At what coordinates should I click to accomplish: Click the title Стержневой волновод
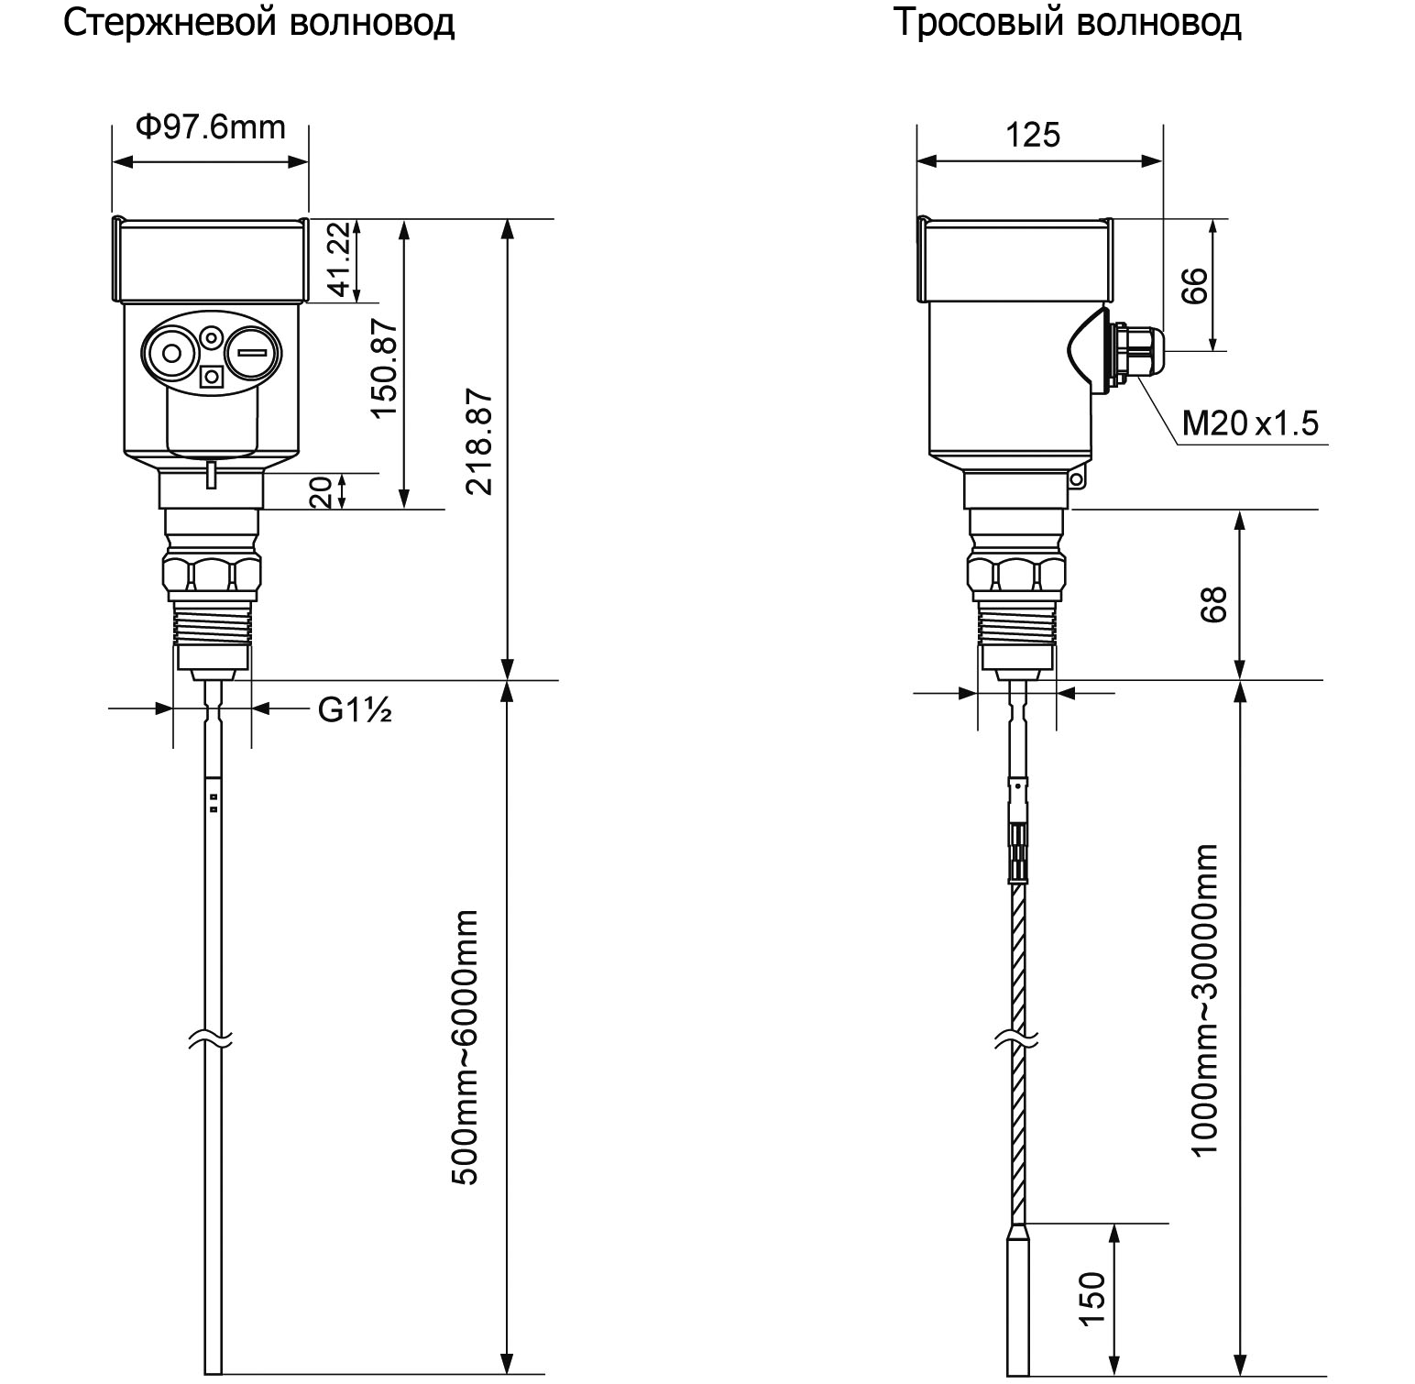[259, 23]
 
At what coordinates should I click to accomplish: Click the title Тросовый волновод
[1068, 23]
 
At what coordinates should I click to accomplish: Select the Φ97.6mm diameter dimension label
[211, 126]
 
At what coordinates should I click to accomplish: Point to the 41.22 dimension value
[339, 259]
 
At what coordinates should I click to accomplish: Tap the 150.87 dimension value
[385, 368]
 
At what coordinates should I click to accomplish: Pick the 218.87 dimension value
[479, 442]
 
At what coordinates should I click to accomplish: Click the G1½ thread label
[355, 709]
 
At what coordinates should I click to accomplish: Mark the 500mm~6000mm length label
[466, 1047]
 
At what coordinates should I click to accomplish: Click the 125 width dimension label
[1033, 135]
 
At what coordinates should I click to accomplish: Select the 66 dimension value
[1194, 286]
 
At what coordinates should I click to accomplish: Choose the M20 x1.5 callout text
[1250, 423]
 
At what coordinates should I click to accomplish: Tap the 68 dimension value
[1213, 605]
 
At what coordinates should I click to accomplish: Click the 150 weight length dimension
[1092, 1298]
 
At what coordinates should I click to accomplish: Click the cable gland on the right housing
[1134, 350]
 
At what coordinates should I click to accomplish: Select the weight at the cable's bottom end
[1019, 1299]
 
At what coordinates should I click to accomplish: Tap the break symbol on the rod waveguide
[212, 1039]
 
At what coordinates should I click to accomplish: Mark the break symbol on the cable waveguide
[1018, 1039]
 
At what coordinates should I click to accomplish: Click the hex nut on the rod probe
[212, 574]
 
